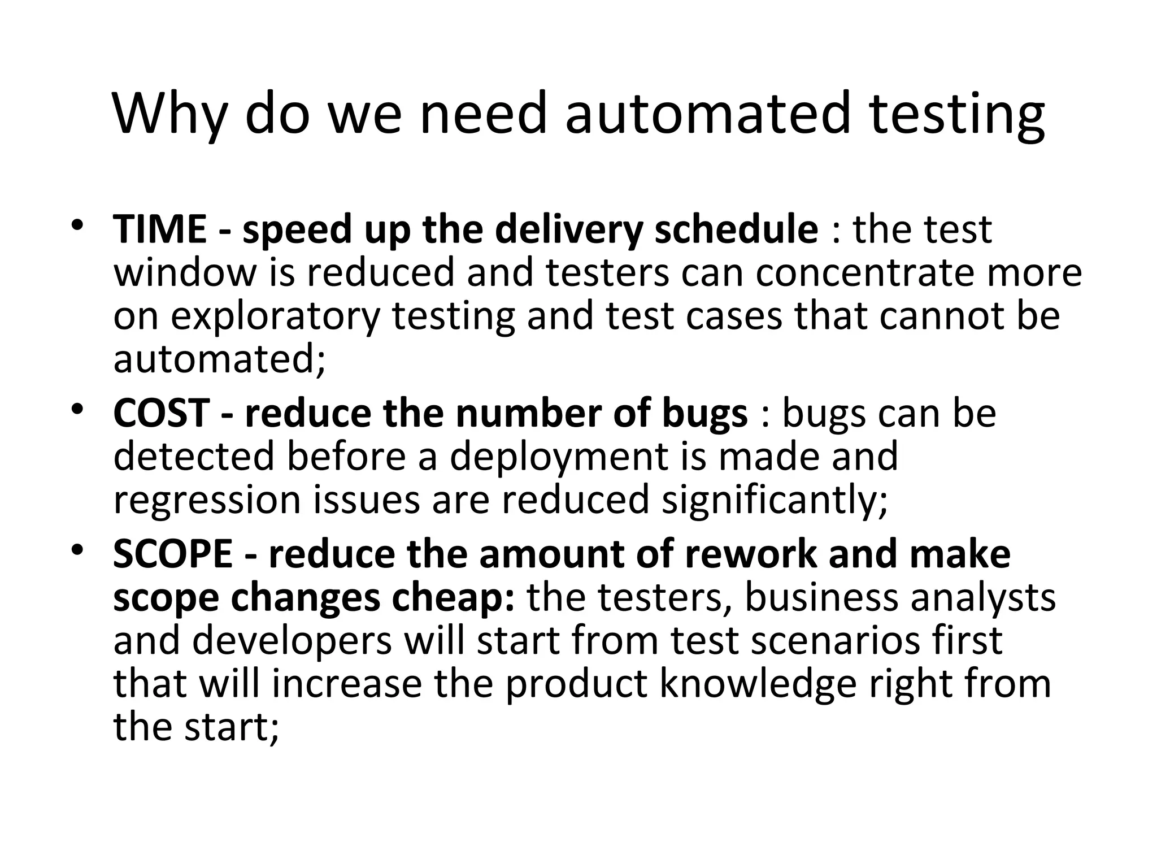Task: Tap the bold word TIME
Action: click(160, 229)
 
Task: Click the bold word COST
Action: click(162, 413)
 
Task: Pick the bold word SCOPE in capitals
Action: click(173, 554)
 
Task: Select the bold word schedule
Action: click(736, 229)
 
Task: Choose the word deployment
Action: click(559, 456)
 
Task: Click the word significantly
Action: click(775, 500)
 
